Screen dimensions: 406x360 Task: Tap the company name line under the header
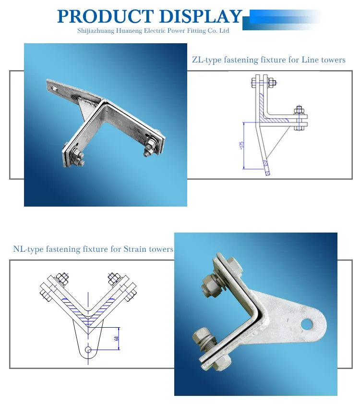point(153,31)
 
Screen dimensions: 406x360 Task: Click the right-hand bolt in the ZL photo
point(149,148)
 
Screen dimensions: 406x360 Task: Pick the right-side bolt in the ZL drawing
point(300,117)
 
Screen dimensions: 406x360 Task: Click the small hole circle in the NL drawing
point(87,350)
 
